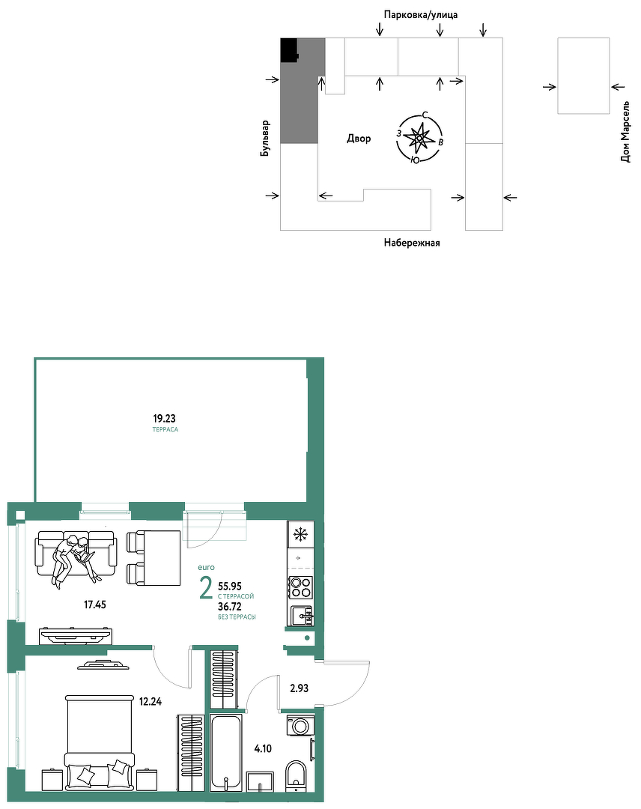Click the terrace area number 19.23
[164, 419]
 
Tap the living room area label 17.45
[95, 605]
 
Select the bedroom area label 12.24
[150, 701]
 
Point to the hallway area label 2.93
[299, 688]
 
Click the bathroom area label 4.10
[263, 748]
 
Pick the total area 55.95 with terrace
[230, 586]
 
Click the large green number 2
[206, 589]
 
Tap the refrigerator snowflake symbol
[300, 535]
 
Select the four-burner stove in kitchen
[300, 587]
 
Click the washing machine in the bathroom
[300, 725]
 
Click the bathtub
[226, 753]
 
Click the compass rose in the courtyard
[420, 137]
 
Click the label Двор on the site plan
[359, 139]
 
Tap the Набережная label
[412, 243]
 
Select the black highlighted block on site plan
[290, 50]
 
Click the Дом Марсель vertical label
[625, 132]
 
